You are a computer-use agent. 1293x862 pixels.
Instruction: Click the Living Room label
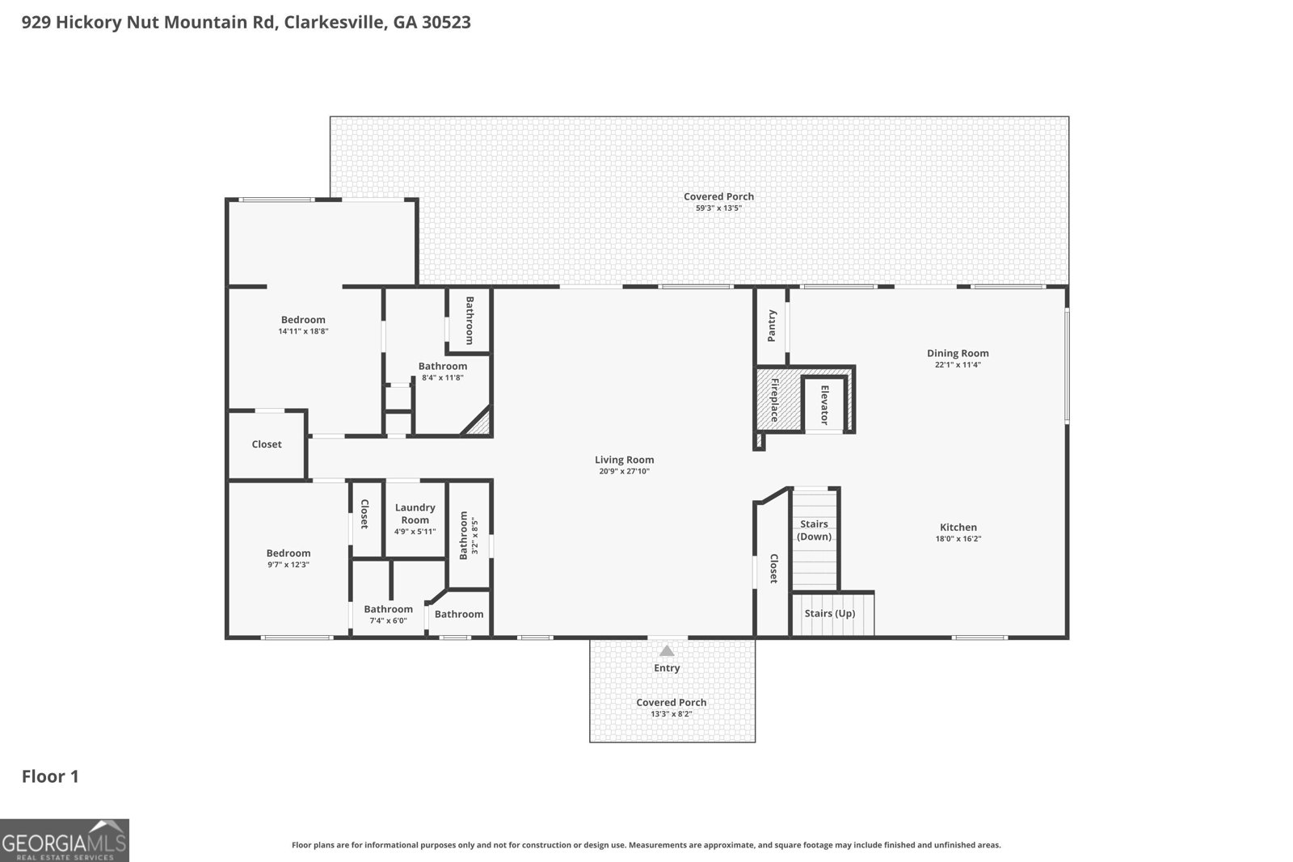click(x=624, y=460)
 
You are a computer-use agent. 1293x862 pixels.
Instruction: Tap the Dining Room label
click(x=958, y=353)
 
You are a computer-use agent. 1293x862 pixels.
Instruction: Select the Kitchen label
click(x=958, y=527)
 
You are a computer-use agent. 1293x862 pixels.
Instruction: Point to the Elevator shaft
click(x=824, y=405)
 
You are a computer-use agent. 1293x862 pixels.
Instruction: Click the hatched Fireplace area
click(x=775, y=399)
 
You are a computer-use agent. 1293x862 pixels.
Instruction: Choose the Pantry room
click(x=772, y=326)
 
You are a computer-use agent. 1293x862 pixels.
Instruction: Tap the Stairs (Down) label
click(x=814, y=530)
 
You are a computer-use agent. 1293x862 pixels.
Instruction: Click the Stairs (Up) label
click(x=830, y=612)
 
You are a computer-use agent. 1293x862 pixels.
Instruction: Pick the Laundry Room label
click(x=415, y=514)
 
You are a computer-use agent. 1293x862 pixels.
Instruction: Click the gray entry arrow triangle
click(x=667, y=651)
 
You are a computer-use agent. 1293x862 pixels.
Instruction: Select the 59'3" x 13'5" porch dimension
click(x=718, y=208)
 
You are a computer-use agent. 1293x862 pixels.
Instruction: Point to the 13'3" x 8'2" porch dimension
click(x=672, y=713)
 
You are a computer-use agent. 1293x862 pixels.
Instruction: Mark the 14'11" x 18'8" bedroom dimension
click(x=303, y=331)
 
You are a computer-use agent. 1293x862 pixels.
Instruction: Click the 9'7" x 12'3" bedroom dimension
click(x=288, y=565)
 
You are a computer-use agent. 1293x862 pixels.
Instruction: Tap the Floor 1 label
click(x=50, y=776)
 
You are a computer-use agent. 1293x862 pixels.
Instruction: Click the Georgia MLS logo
click(x=64, y=840)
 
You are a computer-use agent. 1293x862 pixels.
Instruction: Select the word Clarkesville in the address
click(x=335, y=22)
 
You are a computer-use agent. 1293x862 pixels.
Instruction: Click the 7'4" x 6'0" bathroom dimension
click(x=388, y=620)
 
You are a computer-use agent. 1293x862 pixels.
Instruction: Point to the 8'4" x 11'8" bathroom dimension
click(x=443, y=378)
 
